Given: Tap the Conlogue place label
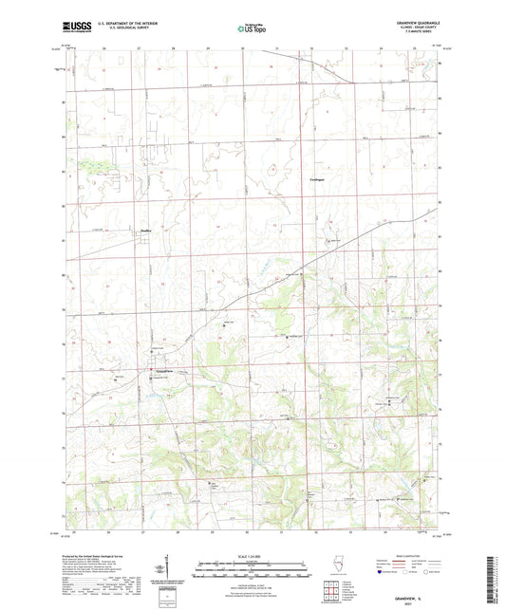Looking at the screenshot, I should point(321,178).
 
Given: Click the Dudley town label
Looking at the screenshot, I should point(145,229).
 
